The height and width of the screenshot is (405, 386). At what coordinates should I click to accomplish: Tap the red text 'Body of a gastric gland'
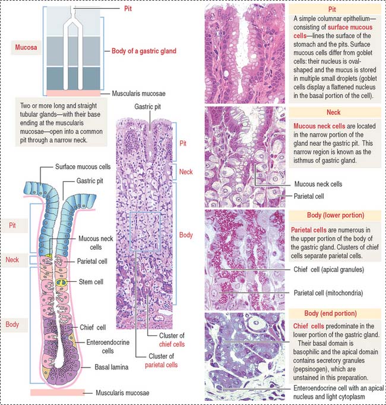[144, 51]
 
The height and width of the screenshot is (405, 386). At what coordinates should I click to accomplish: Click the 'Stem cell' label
[91, 281]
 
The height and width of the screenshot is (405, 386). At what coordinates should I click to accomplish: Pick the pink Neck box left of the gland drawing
[13, 260]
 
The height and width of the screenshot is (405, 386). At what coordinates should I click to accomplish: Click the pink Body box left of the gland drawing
[13, 325]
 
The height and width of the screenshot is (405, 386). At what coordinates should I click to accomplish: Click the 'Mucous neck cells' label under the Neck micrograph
[319, 184]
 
